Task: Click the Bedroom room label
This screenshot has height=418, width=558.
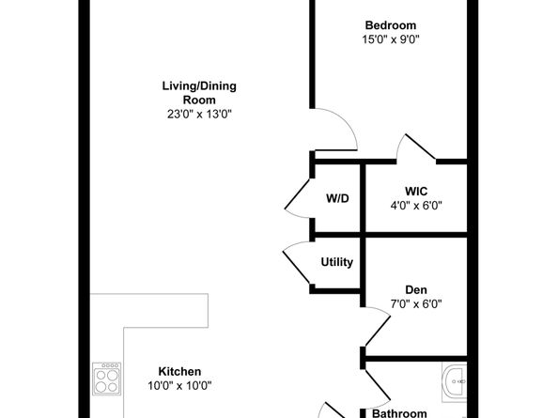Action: click(390, 25)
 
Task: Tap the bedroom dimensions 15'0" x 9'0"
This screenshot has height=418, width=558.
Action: click(390, 39)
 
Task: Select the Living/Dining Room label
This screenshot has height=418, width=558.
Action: click(198, 93)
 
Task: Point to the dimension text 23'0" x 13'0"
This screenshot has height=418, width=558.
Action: click(198, 114)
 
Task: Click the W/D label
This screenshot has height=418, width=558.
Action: click(337, 198)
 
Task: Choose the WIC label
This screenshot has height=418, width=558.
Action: click(416, 191)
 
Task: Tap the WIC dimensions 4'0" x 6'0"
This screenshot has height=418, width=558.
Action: click(416, 205)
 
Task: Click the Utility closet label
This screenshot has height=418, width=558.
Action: click(337, 262)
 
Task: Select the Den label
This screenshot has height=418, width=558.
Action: click(416, 289)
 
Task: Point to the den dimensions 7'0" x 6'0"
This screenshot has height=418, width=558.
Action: click(416, 303)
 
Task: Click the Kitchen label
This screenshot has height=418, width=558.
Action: click(179, 371)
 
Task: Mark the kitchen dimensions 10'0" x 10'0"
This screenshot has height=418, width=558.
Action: click(179, 385)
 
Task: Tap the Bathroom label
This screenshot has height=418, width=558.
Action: click(399, 413)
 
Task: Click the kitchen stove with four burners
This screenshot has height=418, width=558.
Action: click(105, 380)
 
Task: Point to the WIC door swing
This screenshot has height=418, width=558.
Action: click(412, 148)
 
